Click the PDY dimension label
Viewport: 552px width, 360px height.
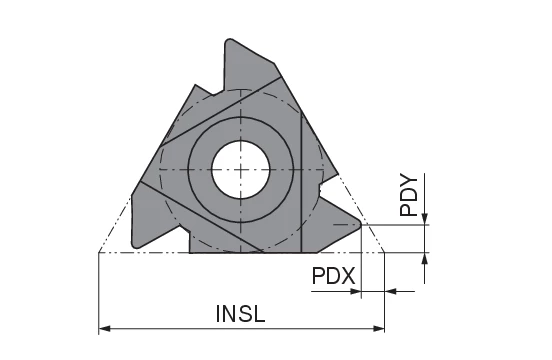click(408, 195)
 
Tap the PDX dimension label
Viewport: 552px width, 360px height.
click(333, 275)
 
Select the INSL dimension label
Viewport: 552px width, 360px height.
click(240, 313)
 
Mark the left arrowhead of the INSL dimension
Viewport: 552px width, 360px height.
click(104, 328)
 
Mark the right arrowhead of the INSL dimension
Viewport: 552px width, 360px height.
click(379, 328)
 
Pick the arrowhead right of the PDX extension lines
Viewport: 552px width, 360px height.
click(391, 292)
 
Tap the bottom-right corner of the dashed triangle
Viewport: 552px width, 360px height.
click(385, 253)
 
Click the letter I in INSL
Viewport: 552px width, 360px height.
click(218, 313)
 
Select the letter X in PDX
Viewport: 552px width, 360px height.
click(349, 275)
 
